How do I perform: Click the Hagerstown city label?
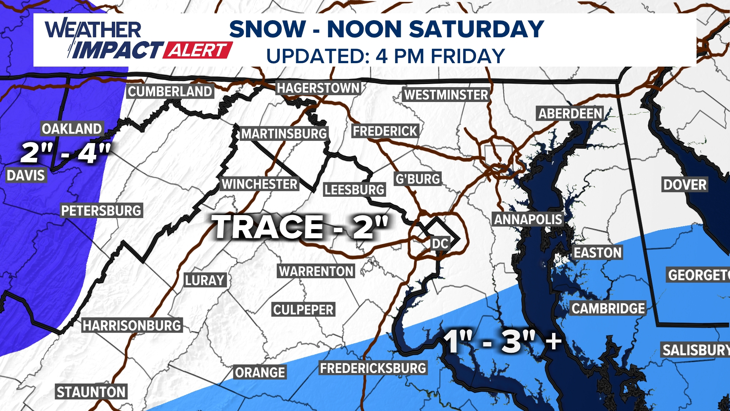point(318,88)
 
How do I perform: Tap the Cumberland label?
point(170,92)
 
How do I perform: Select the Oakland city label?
point(72,129)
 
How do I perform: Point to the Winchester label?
point(260,184)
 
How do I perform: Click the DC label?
point(440,244)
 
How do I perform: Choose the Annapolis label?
point(528,219)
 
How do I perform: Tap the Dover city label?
point(685,185)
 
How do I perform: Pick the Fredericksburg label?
point(373,368)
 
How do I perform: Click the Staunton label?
point(91,392)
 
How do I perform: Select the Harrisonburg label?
point(132,326)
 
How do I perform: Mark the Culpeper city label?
point(303,310)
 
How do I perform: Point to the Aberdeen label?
point(570,113)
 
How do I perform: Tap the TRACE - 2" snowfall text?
point(300,227)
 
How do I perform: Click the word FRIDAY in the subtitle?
point(468,56)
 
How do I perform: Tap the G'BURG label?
point(418,179)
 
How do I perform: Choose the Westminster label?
point(446,95)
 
